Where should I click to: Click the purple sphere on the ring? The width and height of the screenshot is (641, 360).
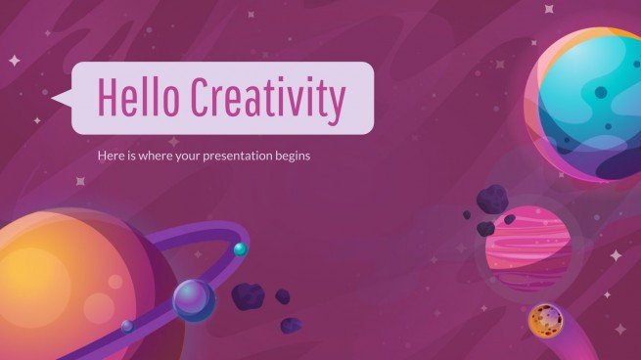click(x=194, y=300)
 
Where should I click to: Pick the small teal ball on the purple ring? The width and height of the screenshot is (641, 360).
click(x=240, y=248)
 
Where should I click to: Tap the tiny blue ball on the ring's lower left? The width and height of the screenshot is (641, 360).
click(x=126, y=326)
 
